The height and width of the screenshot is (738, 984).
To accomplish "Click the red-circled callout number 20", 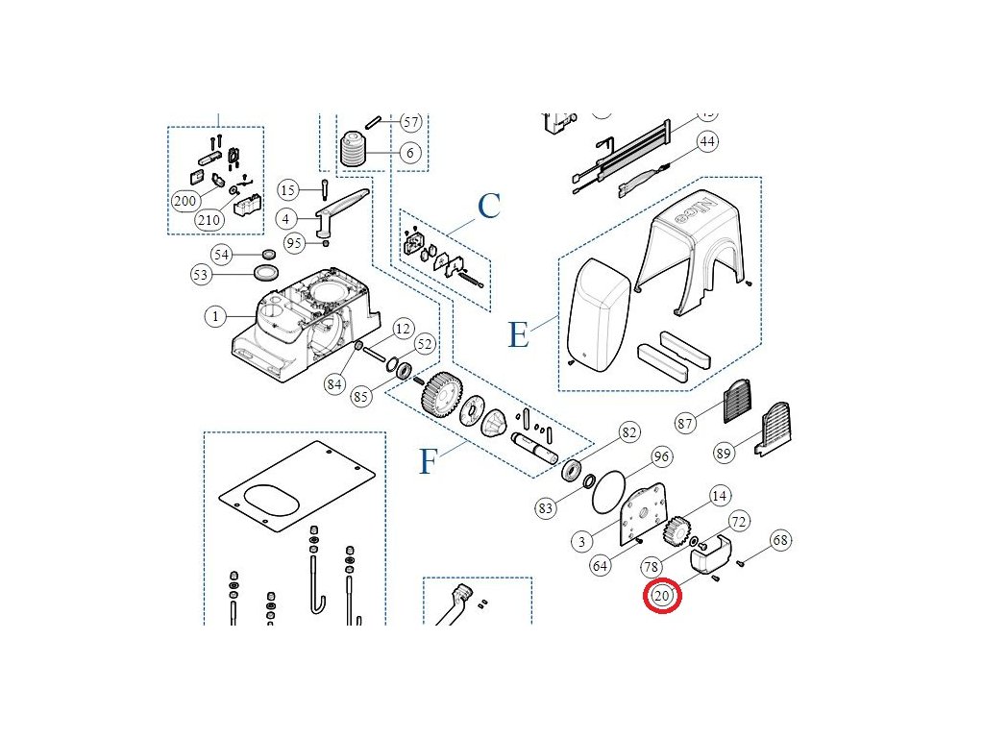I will [x=662, y=596].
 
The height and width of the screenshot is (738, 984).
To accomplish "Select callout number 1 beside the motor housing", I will [x=216, y=315].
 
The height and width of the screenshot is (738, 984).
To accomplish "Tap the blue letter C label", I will [x=489, y=206].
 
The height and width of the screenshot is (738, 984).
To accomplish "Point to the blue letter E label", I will [x=518, y=334].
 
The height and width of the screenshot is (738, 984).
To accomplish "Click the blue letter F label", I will [x=428, y=462].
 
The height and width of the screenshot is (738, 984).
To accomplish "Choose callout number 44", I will [x=707, y=141].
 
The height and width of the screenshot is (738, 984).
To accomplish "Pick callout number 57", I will [x=410, y=122].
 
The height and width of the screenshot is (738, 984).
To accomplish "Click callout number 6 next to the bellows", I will [x=410, y=153].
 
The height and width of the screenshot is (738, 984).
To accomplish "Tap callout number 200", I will [x=184, y=201].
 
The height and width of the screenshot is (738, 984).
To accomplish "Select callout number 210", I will [x=209, y=219].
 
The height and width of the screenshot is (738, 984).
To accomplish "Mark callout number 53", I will [x=201, y=276].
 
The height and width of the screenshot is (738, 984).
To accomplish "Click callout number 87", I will [x=684, y=424].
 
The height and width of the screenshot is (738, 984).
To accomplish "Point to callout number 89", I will [x=724, y=453].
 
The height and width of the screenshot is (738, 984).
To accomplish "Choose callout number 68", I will [x=780, y=540].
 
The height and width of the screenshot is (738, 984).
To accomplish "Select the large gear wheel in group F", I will [x=442, y=393].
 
